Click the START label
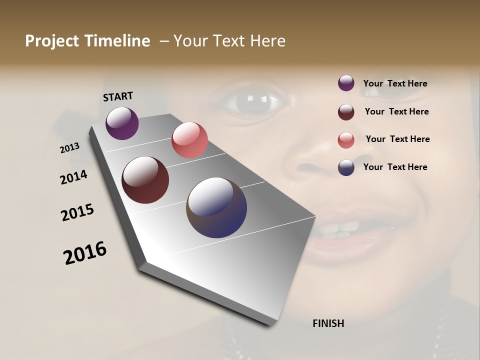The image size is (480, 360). [118, 96]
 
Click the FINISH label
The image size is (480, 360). [328, 323]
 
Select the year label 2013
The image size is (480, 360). [69, 148]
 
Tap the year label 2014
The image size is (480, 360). [73, 177]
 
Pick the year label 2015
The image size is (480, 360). [77, 212]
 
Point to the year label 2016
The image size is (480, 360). [85, 252]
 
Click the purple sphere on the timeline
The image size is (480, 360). [122, 123]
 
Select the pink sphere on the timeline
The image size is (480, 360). [189, 140]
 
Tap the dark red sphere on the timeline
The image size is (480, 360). [145, 180]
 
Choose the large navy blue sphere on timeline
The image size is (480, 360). [216, 207]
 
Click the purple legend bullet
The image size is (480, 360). [346, 83]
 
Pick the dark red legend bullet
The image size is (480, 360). [346, 112]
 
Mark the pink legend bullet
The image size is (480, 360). [346, 140]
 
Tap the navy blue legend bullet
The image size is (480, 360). [346, 167]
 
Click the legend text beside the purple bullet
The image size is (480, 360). [395, 83]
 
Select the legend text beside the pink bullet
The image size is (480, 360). [397, 139]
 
